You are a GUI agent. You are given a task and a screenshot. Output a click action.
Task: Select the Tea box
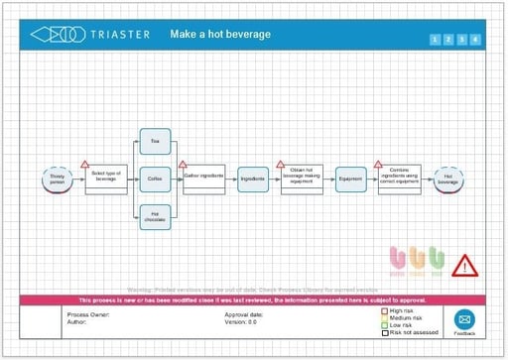[x=154, y=141]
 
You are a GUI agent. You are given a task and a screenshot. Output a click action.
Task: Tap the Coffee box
[x=154, y=179]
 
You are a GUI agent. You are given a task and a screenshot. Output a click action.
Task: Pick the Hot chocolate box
[x=154, y=216]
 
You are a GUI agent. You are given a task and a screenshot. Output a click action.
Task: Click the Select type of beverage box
[x=105, y=179]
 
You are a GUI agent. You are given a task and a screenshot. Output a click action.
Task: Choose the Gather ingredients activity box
[x=204, y=179]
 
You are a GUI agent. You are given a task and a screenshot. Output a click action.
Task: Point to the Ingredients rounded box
[x=253, y=179]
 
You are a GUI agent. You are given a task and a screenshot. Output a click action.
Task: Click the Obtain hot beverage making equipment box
[x=302, y=179]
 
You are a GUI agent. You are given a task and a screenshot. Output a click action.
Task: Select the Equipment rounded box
[x=350, y=179]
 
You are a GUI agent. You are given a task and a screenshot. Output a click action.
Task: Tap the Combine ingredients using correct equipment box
[x=399, y=179]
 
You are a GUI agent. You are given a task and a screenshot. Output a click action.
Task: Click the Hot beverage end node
[x=447, y=179]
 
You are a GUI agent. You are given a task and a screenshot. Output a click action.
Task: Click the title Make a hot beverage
[x=220, y=35]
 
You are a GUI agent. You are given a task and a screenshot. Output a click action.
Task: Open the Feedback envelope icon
[x=464, y=319]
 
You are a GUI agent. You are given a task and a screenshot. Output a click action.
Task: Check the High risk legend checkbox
[x=385, y=311]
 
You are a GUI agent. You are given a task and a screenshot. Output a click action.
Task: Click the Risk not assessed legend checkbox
[x=385, y=332]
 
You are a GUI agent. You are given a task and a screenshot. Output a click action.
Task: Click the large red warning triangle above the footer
[x=465, y=265]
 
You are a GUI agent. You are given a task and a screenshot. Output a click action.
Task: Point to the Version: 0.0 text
[x=241, y=322]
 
